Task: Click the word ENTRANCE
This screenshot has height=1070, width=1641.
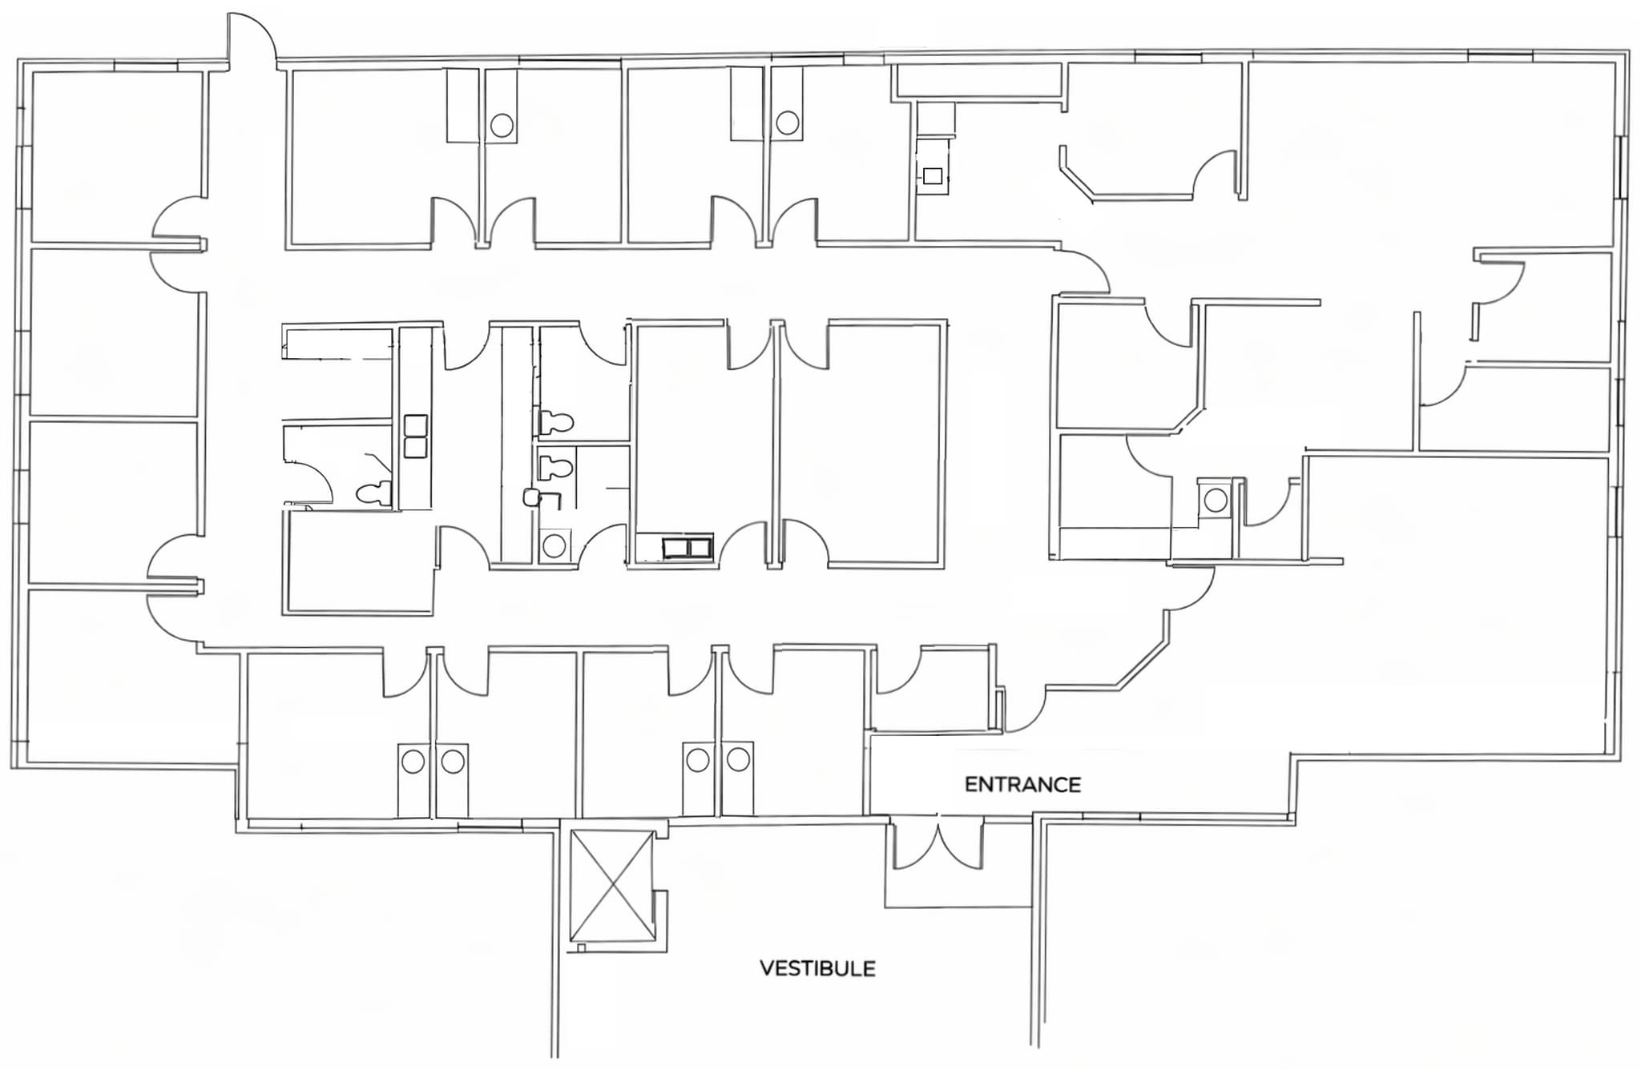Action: pyautogui.click(x=1022, y=784)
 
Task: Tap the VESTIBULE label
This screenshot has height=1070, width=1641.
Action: pyautogui.click(x=817, y=968)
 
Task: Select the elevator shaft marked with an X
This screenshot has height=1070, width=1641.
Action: pyautogui.click(x=611, y=885)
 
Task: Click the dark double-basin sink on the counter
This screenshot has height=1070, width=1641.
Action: pyautogui.click(x=687, y=548)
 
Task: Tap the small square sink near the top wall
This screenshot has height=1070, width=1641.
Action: pyautogui.click(x=932, y=176)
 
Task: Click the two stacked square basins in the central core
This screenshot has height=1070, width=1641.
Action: pyautogui.click(x=415, y=436)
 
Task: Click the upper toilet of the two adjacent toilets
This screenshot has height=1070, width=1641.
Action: pyautogui.click(x=555, y=421)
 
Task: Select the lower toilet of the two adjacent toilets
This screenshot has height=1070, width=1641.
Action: pyautogui.click(x=555, y=467)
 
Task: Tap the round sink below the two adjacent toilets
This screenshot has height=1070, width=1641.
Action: pyautogui.click(x=554, y=546)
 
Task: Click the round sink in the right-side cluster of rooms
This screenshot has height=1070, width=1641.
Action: pyautogui.click(x=1215, y=500)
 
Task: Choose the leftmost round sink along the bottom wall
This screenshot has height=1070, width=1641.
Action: pyautogui.click(x=413, y=760)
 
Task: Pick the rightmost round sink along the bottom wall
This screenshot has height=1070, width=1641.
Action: pyautogui.click(x=738, y=759)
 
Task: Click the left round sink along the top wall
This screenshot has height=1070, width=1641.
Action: pyautogui.click(x=502, y=125)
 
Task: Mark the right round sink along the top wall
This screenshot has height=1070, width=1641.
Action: pyautogui.click(x=787, y=123)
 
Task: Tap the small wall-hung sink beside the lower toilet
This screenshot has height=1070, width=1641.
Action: pyautogui.click(x=530, y=497)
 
